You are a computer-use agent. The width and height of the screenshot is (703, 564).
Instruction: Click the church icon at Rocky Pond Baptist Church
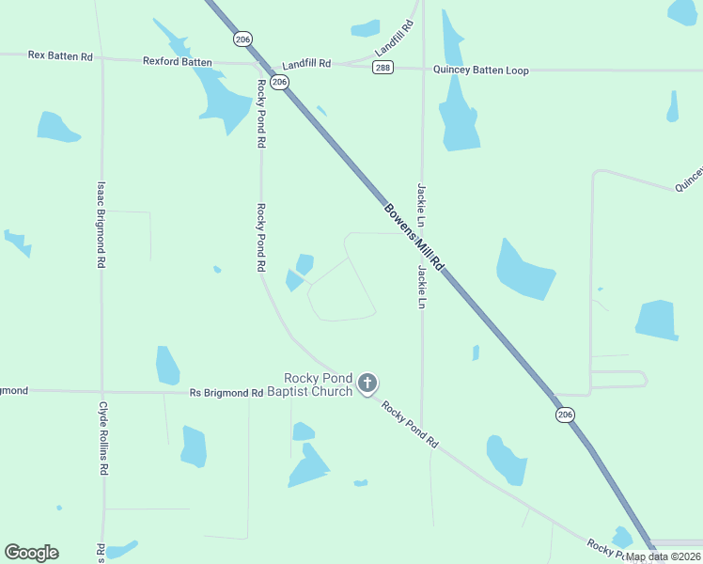point(367,383)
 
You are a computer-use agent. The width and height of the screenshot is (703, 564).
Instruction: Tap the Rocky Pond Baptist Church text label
point(309,384)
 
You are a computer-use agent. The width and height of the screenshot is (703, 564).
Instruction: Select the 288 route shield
point(382,69)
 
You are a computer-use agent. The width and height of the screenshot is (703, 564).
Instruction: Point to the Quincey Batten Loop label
point(480,70)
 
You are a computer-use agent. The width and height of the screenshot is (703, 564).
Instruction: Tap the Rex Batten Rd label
point(60,56)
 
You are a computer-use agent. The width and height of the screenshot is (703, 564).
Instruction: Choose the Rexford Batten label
point(177,61)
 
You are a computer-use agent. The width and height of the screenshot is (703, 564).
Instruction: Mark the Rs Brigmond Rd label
point(226,393)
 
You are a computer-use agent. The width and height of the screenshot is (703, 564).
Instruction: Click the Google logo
point(31,553)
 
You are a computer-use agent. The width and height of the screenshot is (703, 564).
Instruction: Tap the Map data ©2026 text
point(663,556)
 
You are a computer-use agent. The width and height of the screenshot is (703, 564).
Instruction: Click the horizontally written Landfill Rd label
point(306,64)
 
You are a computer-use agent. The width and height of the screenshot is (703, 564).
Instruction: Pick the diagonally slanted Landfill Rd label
point(395,37)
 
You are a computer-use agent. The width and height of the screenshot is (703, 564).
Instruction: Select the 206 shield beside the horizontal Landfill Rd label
point(279,82)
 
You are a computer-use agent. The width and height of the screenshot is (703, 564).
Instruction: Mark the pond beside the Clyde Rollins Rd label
point(193,446)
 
